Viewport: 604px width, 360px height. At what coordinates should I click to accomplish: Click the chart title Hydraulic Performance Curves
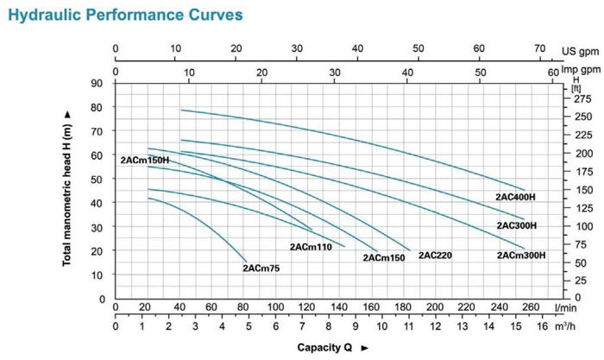coord(121,15)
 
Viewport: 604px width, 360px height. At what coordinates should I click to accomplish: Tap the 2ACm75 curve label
coord(261,268)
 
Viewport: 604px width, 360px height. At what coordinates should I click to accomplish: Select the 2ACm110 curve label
coord(311,247)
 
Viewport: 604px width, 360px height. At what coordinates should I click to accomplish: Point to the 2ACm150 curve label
coord(384,258)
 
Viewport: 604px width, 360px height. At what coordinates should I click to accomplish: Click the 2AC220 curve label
coord(436,256)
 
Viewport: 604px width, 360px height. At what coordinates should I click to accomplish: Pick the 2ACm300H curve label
coord(521,256)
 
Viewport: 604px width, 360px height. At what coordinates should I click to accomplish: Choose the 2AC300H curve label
coord(516,225)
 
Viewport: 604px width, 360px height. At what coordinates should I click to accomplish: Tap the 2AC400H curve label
coord(516,197)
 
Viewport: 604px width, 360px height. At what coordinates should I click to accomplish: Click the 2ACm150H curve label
coord(145,160)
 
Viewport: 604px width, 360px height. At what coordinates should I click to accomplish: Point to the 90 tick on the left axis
coord(97,83)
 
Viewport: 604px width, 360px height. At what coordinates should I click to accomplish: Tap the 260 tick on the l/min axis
coord(530,307)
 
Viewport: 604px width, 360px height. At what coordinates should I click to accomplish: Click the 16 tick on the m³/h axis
coord(542,326)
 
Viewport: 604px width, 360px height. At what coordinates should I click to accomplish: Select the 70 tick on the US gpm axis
coord(540,48)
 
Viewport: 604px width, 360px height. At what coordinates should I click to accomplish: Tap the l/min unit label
coord(568,307)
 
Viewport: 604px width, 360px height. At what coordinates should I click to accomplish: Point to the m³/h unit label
coord(567,326)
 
